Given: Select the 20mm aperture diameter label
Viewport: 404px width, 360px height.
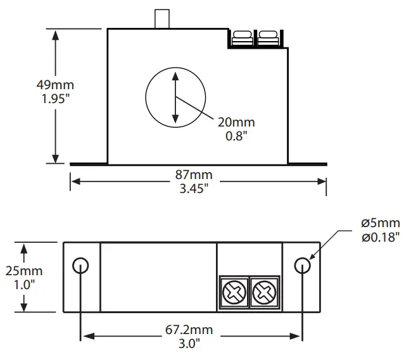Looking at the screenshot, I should pos(236,122).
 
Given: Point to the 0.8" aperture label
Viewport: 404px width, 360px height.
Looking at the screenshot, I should pos(236,135).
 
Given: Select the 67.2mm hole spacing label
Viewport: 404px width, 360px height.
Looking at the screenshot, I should pos(189,329).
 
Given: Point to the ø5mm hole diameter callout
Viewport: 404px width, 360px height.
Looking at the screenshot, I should pos(380,223).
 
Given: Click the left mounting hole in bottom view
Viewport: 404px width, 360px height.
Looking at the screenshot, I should pos(80,265).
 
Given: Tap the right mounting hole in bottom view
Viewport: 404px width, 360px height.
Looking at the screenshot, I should pos(303,265).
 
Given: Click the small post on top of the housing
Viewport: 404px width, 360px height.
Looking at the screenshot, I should pos(162,19).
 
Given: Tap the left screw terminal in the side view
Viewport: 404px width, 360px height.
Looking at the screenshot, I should pos(241,39).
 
